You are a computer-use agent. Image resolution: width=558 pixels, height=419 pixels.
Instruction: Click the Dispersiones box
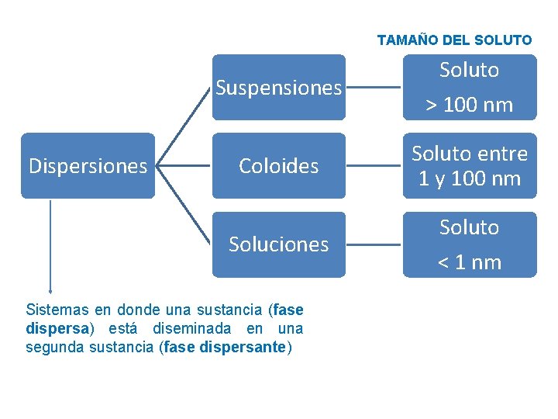[88, 166]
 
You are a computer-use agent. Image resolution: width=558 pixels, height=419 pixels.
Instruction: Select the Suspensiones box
[279, 88]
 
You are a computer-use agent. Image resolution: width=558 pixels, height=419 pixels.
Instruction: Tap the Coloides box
[279, 166]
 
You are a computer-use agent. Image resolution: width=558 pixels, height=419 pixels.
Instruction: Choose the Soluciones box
[279, 244]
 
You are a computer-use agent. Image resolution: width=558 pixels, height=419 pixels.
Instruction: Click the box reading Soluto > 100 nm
[469, 88]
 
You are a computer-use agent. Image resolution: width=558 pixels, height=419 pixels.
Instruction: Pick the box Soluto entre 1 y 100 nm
[469, 166]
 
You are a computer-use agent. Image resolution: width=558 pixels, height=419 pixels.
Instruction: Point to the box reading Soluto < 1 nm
[469, 244]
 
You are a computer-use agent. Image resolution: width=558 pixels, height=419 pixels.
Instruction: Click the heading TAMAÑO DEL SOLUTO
[454, 40]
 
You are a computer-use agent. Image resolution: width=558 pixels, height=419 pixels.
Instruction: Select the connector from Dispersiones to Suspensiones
[184, 126]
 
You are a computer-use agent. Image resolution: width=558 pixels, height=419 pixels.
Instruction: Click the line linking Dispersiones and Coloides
[184, 166]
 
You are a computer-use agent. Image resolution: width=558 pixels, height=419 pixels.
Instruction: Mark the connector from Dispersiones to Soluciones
[184, 206]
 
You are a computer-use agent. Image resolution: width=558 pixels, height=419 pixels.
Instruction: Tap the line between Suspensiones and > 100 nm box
[374, 88]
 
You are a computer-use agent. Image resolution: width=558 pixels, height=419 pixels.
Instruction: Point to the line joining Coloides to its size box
[374, 166]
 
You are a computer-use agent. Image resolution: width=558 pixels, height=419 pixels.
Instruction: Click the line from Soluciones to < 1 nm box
[374, 244]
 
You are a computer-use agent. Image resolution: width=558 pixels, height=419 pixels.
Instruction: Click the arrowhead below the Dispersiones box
[50, 289]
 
